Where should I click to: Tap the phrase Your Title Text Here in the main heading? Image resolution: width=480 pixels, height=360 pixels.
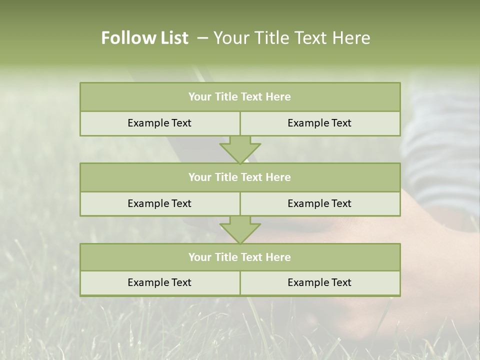coord(291,38)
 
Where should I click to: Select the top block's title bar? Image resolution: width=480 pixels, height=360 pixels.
coord(240,97)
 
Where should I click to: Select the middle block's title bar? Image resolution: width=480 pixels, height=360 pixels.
coord(240,177)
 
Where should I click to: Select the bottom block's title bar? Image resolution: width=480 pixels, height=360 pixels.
coord(240,257)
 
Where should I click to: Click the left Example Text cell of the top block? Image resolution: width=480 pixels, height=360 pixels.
coord(159,123)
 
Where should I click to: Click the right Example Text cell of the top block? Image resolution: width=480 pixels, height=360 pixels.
coord(319,123)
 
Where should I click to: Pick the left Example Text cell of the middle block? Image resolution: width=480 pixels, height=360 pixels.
coord(159,204)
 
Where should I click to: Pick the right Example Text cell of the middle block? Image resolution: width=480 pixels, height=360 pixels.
coord(319,204)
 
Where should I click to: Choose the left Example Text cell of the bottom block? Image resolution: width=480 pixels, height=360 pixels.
coord(159,283)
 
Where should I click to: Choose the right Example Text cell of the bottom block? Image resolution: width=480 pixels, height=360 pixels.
coord(319,283)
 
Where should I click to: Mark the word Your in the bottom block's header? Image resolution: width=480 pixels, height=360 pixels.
coord(200,257)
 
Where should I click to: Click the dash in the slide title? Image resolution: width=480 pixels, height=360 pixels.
coord(202,38)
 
